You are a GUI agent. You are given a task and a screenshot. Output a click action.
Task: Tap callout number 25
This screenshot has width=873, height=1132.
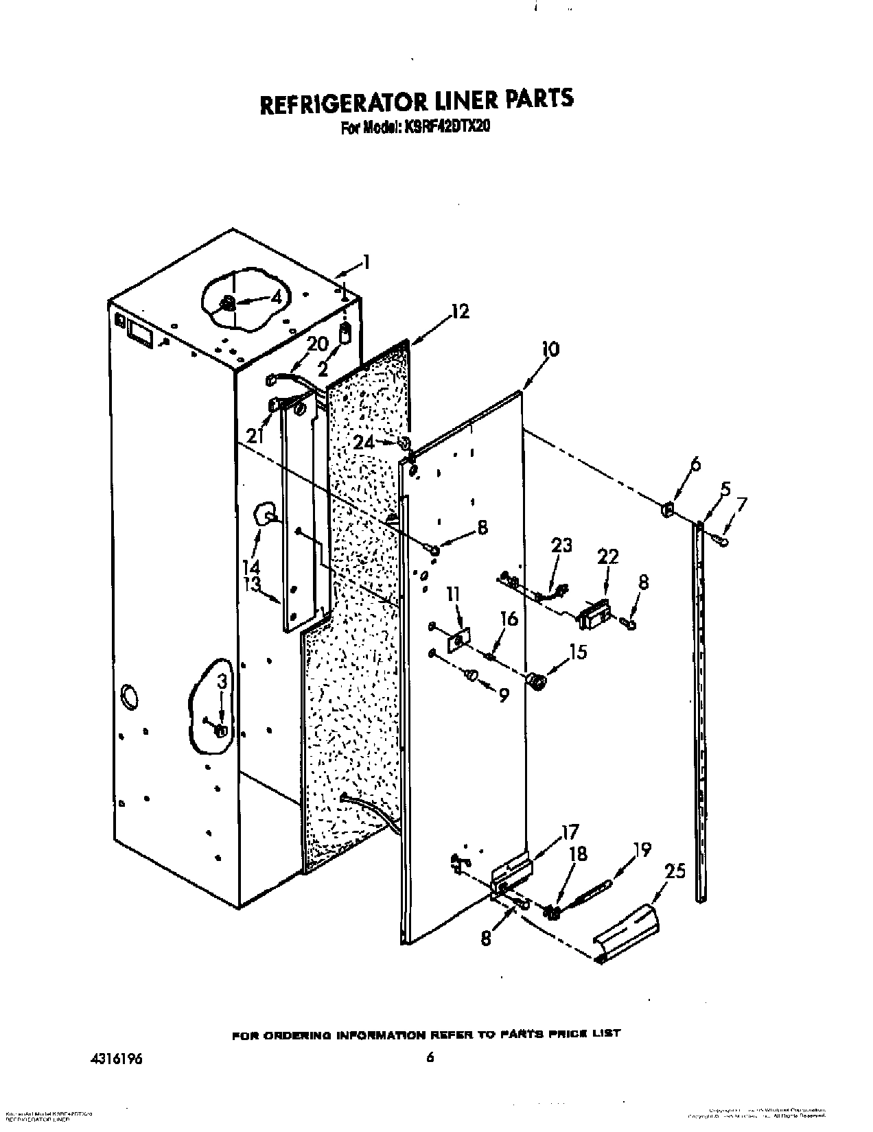(x=675, y=871)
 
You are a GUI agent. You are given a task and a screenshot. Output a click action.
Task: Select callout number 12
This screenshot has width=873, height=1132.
(x=460, y=311)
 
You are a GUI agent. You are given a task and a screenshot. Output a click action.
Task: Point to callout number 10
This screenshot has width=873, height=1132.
(x=550, y=349)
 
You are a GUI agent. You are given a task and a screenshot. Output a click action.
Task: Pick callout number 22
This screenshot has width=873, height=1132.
(x=607, y=556)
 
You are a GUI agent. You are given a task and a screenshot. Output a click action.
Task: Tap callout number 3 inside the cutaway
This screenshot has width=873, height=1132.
(x=221, y=681)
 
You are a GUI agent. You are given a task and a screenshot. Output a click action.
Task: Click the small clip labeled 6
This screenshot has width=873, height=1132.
(x=666, y=510)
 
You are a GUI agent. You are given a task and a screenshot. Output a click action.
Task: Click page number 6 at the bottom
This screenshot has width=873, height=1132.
(x=430, y=1058)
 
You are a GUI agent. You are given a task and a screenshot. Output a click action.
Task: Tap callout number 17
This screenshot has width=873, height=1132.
(x=570, y=832)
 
